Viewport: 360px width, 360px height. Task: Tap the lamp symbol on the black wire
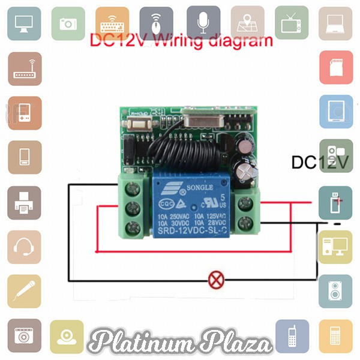[215, 278]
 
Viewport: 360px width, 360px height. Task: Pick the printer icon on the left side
[25, 203]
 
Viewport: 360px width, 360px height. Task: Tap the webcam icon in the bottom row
[67, 336]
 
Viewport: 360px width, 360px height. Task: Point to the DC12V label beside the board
[319, 163]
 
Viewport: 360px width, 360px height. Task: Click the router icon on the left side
[25, 68]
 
